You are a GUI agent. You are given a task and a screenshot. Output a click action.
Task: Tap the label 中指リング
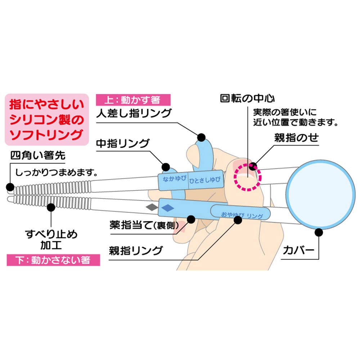click(122, 144)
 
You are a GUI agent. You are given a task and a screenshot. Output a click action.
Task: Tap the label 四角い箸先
click(38, 156)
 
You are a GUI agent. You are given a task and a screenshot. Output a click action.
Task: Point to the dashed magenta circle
click(248, 176)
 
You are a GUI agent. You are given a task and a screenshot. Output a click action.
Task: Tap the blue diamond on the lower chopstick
click(167, 207)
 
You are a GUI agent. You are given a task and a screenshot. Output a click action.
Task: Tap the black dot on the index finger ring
click(201, 137)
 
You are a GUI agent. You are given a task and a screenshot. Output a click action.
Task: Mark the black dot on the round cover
click(318, 232)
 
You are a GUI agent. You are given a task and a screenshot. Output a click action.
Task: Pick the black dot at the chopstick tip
click(10, 187)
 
